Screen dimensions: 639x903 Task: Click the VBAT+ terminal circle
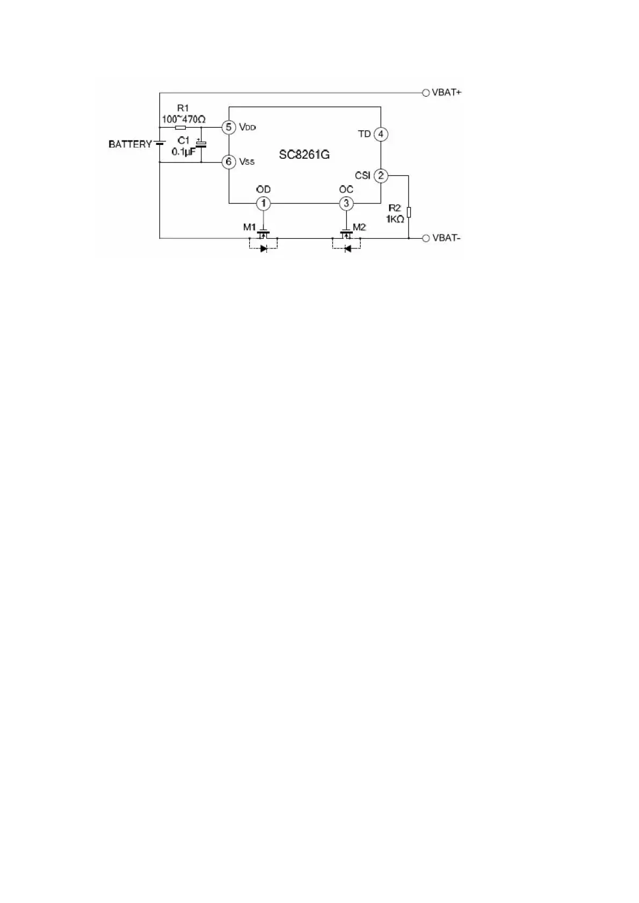[x=426, y=93]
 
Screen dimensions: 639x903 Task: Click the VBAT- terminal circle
[x=426, y=238]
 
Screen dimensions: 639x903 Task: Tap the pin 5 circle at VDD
[x=229, y=127]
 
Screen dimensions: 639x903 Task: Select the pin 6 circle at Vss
[x=229, y=161]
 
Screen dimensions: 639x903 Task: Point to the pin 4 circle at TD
[x=381, y=134]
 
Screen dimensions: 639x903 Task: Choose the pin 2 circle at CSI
[x=381, y=176]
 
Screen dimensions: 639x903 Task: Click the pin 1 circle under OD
[x=264, y=203]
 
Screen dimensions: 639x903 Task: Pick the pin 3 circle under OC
[x=346, y=203]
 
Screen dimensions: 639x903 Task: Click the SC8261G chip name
[x=304, y=155]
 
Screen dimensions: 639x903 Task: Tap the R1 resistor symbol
[x=180, y=127]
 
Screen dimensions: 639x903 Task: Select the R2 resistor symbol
[x=409, y=212]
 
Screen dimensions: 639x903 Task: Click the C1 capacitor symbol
[x=201, y=144]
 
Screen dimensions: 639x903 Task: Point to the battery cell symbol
[x=160, y=143]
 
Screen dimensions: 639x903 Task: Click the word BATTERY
[x=130, y=144]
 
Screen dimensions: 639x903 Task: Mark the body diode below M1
[x=264, y=249]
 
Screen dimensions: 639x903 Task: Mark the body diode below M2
[x=347, y=249]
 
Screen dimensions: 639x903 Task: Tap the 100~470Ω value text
[x=184, y=120]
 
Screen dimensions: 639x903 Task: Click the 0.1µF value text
[x=184, y=152]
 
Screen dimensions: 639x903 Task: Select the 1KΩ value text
[x=395, y=219]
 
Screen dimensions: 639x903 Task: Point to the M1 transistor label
[x=249, y=227]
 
